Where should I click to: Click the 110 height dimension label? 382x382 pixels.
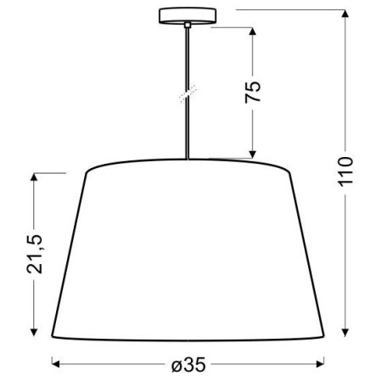tap(345, 175)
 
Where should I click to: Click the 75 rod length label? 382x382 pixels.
tap(253, 92)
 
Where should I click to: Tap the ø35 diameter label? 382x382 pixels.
tap(188, 365)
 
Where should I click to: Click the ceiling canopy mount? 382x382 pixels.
tap(186, 16)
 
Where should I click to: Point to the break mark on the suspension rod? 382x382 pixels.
tap(186, 93)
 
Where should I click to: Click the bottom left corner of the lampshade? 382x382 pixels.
tap(51, 334)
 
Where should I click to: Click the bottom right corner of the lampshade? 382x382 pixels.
tap(326, 334)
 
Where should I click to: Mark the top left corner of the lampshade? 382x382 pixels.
tap(87, 171)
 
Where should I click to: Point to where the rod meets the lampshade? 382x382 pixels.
tap(186, 160)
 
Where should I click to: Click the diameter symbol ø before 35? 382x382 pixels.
tap(176, 365)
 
